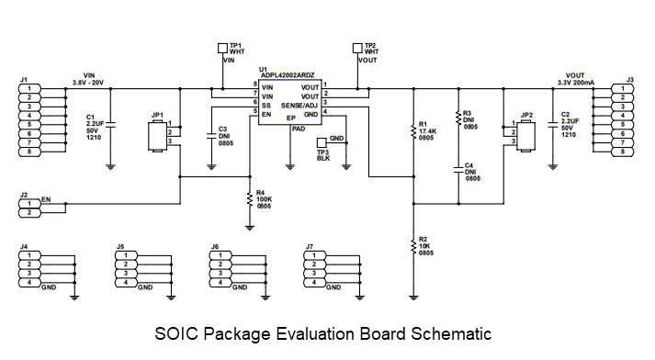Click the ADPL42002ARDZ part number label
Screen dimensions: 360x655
[288, 74]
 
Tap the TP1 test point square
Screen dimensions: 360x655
[221, 46]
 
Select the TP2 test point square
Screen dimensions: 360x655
[357, 46]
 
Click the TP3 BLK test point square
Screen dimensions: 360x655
[320, 142]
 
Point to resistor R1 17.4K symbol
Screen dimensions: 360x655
[413, 132]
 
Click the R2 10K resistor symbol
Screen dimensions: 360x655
[413, 245]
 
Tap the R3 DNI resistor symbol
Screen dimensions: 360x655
[457, 119]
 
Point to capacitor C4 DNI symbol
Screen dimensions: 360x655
[457, 171]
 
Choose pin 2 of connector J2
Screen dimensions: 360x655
[29, 213]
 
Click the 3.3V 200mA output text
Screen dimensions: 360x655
[576, 84]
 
